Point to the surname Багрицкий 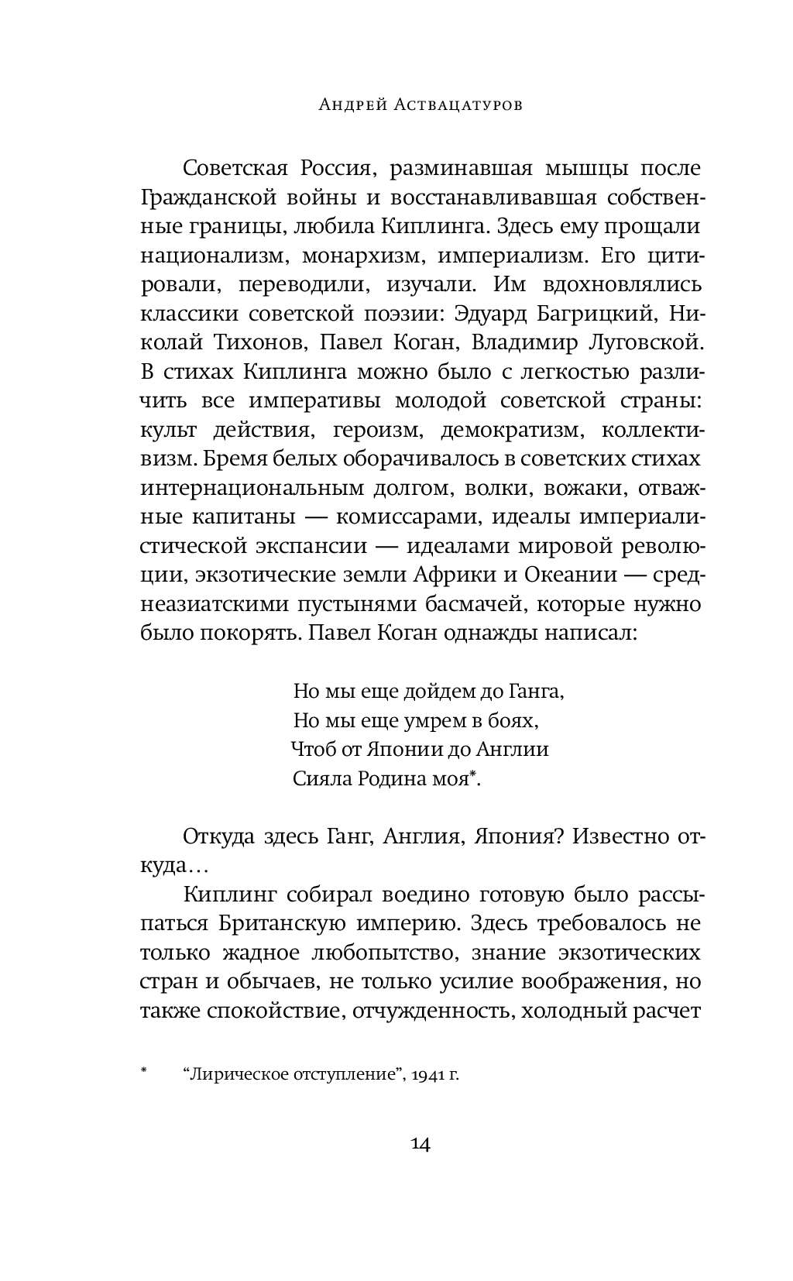[592, 314]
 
